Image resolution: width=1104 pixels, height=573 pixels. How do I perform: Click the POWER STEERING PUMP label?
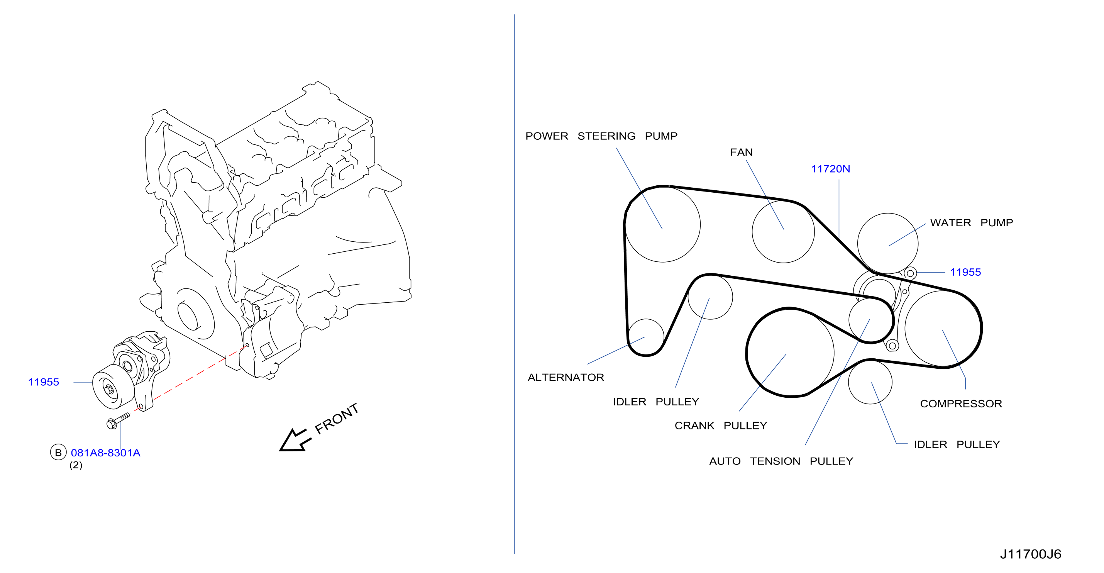click(601, 136)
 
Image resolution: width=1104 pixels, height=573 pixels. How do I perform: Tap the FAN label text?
click(742, 153)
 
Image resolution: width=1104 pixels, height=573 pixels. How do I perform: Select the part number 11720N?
click(830, 169)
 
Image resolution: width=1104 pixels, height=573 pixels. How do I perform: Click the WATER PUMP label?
click(972, 223)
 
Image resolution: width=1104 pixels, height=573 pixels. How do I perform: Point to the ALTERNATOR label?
click(566, 378)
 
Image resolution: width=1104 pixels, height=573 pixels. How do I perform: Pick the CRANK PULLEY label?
click(721, 426)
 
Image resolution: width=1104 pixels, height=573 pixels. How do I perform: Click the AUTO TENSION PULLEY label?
click(781, 461)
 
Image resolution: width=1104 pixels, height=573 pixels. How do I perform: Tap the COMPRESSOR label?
click(961, 404)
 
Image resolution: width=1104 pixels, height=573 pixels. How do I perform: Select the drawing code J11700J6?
click(1030, 554)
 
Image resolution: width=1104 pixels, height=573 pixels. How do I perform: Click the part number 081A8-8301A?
click(105, 453)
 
